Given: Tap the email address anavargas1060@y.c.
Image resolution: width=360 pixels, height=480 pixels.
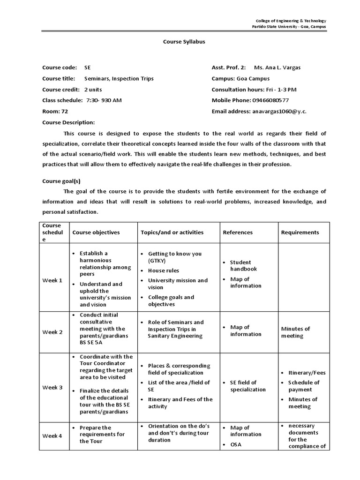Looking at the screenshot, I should (279, 112).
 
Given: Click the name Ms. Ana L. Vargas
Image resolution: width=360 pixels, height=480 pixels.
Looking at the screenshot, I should (277, 67).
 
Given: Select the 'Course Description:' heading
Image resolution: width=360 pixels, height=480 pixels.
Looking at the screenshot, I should (68, 122).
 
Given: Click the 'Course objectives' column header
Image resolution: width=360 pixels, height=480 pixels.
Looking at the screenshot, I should (96, 232).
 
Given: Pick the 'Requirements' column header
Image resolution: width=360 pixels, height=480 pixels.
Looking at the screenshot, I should (300, 232).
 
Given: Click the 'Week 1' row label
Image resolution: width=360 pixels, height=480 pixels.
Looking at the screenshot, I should (52, 280).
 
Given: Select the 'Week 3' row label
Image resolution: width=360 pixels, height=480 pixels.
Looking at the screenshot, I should (52, 388).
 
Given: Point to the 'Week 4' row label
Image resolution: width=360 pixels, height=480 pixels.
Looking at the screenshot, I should (52, 436).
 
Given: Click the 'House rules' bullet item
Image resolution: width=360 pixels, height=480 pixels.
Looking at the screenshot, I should (163, 270).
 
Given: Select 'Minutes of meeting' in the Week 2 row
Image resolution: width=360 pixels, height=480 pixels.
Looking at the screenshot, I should (295, 332).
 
